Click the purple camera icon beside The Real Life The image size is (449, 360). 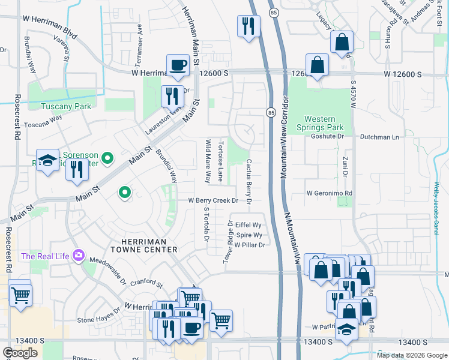[79, 256]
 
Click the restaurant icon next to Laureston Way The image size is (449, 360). [172, 95]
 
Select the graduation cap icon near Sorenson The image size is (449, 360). [47, 160]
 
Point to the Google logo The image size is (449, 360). [20, 353]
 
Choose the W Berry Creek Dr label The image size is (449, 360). [214, 200]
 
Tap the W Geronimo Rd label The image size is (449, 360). [329, 193]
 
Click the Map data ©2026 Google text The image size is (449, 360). [412, 355]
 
